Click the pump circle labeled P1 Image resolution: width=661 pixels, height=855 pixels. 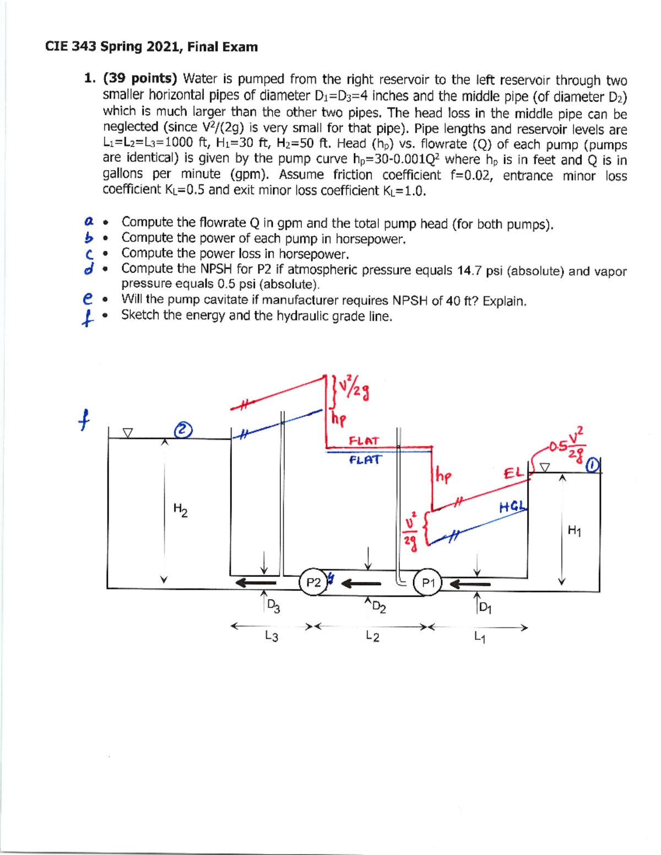click(x=428, y=583)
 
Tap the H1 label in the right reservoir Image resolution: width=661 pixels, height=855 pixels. click(x=574, y=531)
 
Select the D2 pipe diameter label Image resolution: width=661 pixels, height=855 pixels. click(x=378, y=607)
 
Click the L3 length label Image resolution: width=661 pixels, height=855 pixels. click(x=271, y=636)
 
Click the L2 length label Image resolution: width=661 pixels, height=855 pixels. click(x=372, y=637)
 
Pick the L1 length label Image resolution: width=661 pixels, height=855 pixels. click(x=479, y=638)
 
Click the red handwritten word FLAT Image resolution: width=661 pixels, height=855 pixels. click(x=364, y=441)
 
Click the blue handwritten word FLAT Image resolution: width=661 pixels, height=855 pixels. click(x=365, y=459)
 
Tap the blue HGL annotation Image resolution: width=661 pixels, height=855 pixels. click(x=513, y=507)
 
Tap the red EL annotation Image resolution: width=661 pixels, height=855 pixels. click(x=513, y=473)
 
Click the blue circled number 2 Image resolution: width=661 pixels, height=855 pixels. click(x=183, y=429)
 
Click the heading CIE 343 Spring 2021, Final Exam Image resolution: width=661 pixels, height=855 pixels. click(x=151, y=47)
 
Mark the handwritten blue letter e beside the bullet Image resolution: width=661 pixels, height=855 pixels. click(x=87, y=299)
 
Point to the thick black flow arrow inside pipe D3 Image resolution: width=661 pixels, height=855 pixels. click(x=256, y=582)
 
